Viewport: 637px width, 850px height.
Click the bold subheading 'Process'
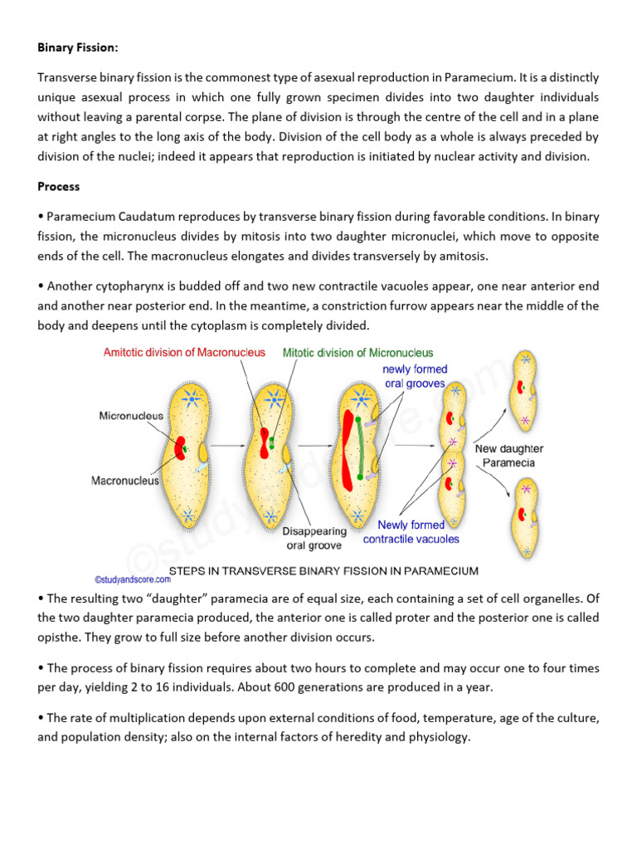[x=60, y=187]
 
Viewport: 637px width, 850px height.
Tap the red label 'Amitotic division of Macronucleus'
[x=184, y=352]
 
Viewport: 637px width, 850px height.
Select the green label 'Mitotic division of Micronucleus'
[x=357, y=352]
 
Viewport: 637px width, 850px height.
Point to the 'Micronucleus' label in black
[x=131, y=415]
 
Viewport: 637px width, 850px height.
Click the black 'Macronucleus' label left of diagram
[x=124, y=480]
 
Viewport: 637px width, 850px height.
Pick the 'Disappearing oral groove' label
[x=314, y=538]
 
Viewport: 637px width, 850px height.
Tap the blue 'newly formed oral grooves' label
[x=415, y=376]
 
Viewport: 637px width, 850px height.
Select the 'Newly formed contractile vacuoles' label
[x=411, y=532]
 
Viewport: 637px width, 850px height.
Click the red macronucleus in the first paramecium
[x=180, y=449]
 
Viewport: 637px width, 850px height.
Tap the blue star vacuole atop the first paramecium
[x=191, y=399]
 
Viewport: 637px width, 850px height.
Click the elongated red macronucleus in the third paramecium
[x=348, y=448]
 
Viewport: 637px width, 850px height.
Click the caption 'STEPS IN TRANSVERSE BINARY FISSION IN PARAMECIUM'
[x=323, y=571]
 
